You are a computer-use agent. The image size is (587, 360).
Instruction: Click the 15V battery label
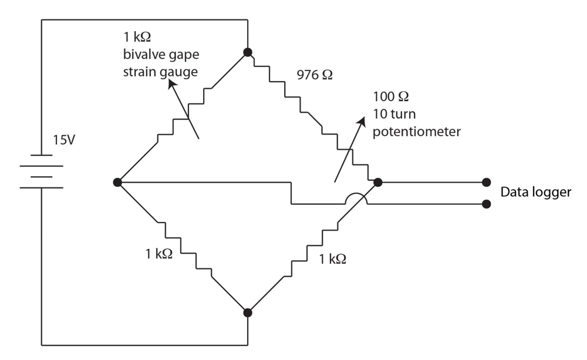tap(63, 140)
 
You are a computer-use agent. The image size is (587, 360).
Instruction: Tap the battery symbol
tap(42, 171)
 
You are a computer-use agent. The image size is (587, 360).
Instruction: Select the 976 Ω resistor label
tap(315, 75)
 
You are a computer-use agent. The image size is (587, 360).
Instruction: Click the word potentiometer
tap(416, 132)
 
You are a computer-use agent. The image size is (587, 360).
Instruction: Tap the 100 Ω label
tap(390, 96)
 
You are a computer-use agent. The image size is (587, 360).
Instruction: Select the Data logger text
tap(536, 192)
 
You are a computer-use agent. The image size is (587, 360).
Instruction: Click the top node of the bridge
tap(248, 52)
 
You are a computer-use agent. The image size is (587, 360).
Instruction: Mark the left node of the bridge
tap(117, 183)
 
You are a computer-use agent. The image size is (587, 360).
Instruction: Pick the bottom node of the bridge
tap(248, 312)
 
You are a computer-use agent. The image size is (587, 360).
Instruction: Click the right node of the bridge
tap(377, 183)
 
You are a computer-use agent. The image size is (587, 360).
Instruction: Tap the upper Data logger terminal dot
tap(486, 183)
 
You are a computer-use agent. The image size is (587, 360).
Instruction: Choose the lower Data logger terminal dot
tap(486, 204)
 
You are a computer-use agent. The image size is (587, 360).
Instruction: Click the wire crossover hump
tap(356, 194)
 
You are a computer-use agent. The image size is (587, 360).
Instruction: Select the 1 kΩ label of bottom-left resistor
tap(158, 254)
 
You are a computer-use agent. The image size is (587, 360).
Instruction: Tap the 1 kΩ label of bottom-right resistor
tap(332, 259)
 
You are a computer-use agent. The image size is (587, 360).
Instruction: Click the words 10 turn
tap(394, 114)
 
